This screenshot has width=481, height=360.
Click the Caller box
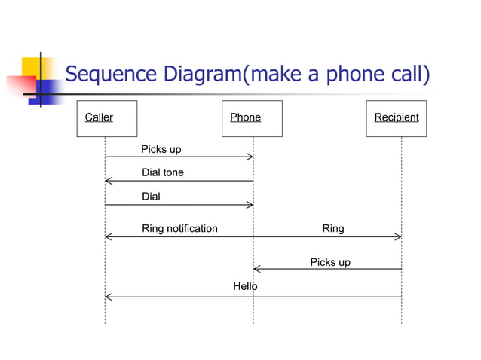point(105,118)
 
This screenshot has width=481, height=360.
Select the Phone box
point(252,118)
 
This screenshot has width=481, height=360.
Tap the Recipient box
point(396,118)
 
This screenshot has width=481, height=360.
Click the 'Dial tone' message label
point(163,172)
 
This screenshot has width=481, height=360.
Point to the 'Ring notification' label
point(179,228)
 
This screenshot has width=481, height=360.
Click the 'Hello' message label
point(245,287)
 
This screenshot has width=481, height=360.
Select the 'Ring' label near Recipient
point(332,228)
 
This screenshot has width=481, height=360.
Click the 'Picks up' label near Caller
point(161,149)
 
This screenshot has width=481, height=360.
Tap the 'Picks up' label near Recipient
point(330,262)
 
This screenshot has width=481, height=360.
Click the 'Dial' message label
point(151,197)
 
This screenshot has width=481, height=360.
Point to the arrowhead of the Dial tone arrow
point(107,181)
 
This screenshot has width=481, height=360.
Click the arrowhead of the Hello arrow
point(107,297)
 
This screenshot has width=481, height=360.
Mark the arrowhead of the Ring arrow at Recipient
point(399,236)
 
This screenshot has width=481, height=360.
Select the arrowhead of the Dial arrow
point(250,205)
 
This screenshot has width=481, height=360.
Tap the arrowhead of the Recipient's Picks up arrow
point(256,269)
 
